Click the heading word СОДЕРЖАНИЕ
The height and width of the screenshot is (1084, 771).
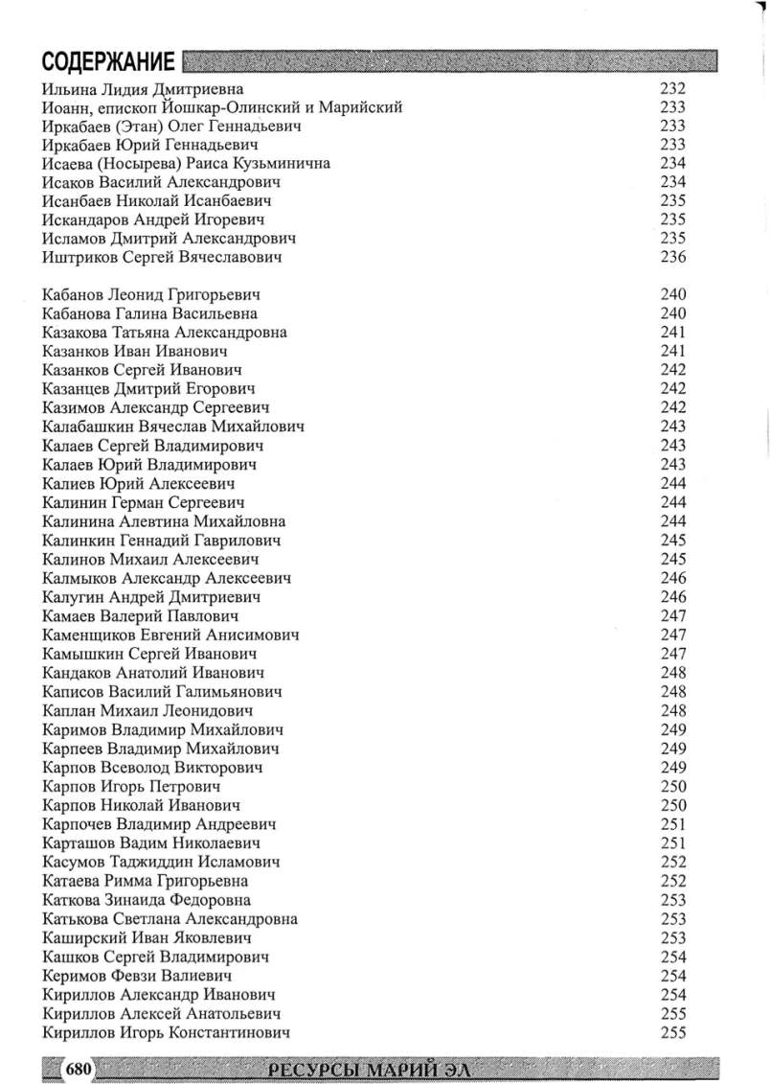pos(108,62)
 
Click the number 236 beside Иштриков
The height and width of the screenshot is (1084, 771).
pos(673,258)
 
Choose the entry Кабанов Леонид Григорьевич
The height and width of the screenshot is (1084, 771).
pos(152,295)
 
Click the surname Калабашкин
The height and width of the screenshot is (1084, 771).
pos(89,427)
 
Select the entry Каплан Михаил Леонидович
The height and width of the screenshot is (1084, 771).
pos(147,711)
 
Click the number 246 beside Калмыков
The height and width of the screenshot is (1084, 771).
pos(673,579)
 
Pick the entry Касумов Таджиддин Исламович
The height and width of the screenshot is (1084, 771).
pos(162,863)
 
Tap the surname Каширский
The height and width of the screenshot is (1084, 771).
pos(84,938)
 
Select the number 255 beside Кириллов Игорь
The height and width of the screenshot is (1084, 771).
pos(673,1032)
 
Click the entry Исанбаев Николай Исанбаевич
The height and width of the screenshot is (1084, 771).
pos(157,201)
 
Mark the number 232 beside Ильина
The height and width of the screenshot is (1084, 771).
pos(673,88)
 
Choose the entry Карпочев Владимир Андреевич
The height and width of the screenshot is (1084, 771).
pos(160,824)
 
